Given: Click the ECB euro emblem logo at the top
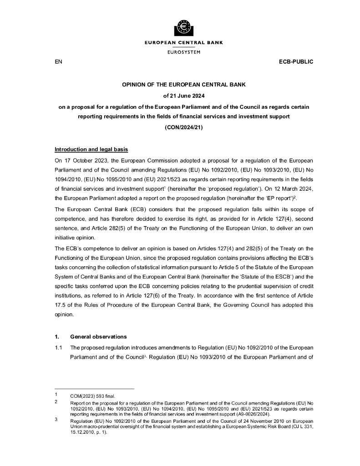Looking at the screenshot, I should coord(183,28).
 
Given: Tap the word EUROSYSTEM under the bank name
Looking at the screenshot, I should coord(183,52).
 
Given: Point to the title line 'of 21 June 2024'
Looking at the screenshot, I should coord(183,96).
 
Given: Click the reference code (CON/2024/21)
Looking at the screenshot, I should coord(183,127).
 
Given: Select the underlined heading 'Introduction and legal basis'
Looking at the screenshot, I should coord(91,150).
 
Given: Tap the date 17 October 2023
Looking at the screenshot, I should coord(84,160).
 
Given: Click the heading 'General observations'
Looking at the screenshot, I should coord(98,337).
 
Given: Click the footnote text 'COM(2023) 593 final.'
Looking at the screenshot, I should coord(92,396).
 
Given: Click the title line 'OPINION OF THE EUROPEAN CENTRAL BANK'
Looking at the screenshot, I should coord(183,85).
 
